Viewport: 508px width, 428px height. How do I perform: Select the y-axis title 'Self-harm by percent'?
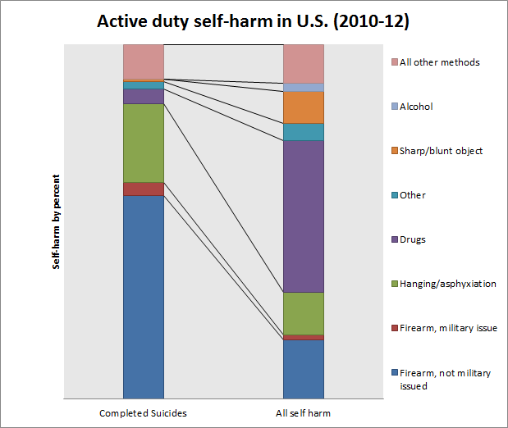(x=57, y=221)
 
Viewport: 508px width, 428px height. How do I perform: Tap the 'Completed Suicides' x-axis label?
(x=143, y=412)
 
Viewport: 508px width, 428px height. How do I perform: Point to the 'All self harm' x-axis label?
(x=303, y=412)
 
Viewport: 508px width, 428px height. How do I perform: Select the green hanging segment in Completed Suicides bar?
(x=143, y=143)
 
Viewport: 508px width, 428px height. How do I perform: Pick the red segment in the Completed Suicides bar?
(x=143, y=189)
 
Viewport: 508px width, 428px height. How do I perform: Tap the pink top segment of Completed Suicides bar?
(x=143, y=61)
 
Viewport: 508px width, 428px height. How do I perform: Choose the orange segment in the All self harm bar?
(x=303, y=107)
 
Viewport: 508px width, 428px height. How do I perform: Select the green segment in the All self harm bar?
(x=303, y=313)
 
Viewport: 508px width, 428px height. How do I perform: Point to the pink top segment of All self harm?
(x=303, y=63)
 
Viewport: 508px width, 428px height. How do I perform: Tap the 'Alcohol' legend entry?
(x=416, y=107)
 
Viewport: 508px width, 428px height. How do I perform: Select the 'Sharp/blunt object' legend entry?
(x=442, y=151)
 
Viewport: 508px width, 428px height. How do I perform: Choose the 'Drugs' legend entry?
(x=413, y=239)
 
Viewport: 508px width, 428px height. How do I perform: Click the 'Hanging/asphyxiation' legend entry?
(x=448, y=284)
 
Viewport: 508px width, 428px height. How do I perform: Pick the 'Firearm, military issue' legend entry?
(x=448, y=328)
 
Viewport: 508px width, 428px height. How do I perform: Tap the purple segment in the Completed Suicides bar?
(x=143, y=96)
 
